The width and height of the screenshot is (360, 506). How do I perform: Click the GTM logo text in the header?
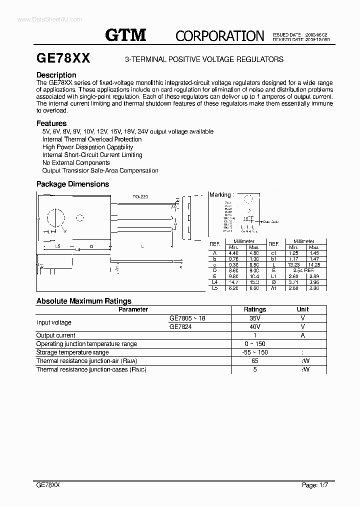coord(125,34)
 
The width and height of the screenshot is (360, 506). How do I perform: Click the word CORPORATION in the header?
coord(219,35)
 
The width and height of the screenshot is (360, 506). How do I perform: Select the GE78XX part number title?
coord(63,58)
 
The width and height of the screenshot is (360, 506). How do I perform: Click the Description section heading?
coord(56,75)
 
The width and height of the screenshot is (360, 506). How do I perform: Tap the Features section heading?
coord(51,123)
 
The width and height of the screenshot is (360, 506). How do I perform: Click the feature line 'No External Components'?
coord(76,162)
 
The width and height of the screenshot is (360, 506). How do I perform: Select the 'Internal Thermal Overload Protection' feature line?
coord(92,139)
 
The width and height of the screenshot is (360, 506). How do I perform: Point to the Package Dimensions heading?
coord(72,184)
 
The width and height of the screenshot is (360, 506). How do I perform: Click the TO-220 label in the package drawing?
coord(140,197)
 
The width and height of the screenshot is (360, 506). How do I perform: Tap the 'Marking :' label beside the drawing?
coord(220,194)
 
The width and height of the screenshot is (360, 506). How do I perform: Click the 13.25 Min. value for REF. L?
coord(293,264)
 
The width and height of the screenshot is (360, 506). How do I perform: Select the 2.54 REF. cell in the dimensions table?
coord(303,270)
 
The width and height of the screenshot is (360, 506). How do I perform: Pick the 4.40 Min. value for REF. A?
coord(233,253)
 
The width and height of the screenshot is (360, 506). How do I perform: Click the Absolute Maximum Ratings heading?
coord(83,301)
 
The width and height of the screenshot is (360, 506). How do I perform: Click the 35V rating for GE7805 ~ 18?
coord(254,317)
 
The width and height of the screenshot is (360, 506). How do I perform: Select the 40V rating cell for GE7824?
coord(254,326)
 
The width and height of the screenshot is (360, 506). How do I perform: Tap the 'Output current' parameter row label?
coord(55,335)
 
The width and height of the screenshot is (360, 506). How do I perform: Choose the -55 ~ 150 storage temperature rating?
coord(254,352)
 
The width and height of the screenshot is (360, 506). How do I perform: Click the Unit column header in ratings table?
coord(302,309)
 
